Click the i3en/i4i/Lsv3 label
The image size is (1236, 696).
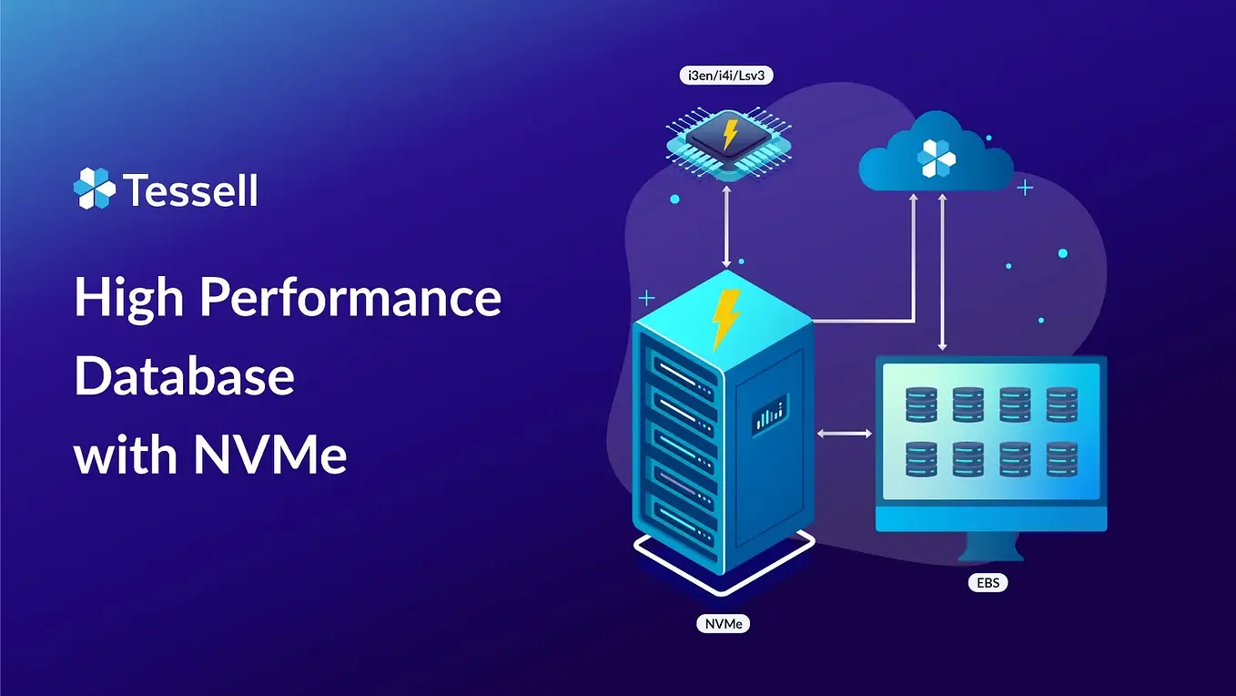pos(726,77)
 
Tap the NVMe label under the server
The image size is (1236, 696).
pos(722,624)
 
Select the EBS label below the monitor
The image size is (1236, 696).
pos(988,582)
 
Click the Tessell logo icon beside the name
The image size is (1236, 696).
pos(95,189)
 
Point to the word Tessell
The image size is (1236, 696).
pos(190,191)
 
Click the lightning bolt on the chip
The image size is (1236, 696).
pos(729,133)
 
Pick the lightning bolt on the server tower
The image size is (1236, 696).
pos(725,319)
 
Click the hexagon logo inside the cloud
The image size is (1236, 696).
pos(937,159)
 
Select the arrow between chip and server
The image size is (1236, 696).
pos(726,224)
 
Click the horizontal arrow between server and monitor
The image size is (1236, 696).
pos(844,434)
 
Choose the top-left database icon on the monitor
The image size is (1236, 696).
pos(921,404)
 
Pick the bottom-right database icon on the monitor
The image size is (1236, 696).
pos(1062,459)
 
